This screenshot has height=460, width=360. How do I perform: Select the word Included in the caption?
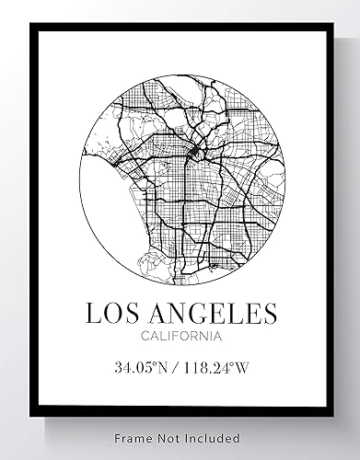pos(213,438)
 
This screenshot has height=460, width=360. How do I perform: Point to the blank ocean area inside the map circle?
pos(101,207)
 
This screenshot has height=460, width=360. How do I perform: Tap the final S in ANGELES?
pos(269,314)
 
